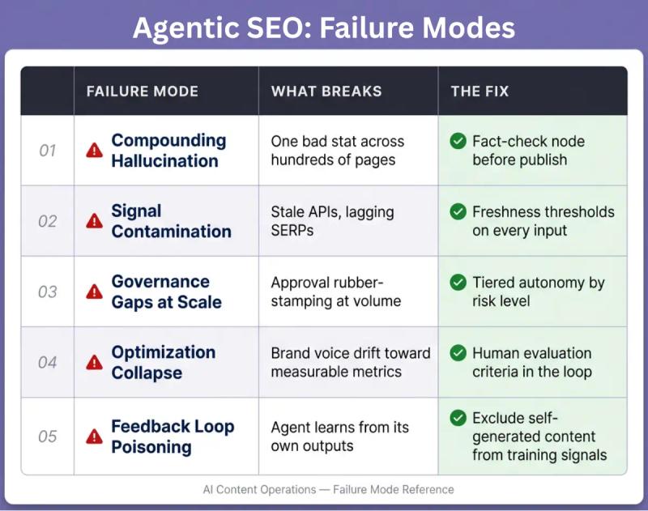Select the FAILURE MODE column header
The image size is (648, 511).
[x=142, y=92]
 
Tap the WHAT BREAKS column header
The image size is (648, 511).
[x=326, y=92]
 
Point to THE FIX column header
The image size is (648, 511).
[x=480, y=92]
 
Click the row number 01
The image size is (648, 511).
[x=48, y=151]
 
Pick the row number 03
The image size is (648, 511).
[x=48, y=292]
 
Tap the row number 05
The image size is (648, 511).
[x=48, y=436]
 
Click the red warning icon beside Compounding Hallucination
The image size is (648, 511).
[x=95, y=151]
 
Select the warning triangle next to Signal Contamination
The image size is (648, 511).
[x=95, y=221]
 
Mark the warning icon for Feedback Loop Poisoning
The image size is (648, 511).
[x=95, y=436]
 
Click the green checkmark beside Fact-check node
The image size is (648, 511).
[x=458, y=142]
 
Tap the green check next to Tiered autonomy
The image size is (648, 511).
[x=458, y=283]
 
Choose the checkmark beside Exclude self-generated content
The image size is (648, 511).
[x=458, y=419]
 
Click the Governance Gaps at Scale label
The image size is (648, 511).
[x=166, y=292]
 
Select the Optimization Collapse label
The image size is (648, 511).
[x=163, y=362]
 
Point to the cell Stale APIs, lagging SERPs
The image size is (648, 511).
[x=332, y=221]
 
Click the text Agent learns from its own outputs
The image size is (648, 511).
[x=339, y=436]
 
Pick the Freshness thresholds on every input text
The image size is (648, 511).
[x=543, y=221]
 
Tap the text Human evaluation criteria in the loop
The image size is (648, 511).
[x=531, y=362]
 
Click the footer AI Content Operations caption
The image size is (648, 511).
[x=328, y=489]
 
